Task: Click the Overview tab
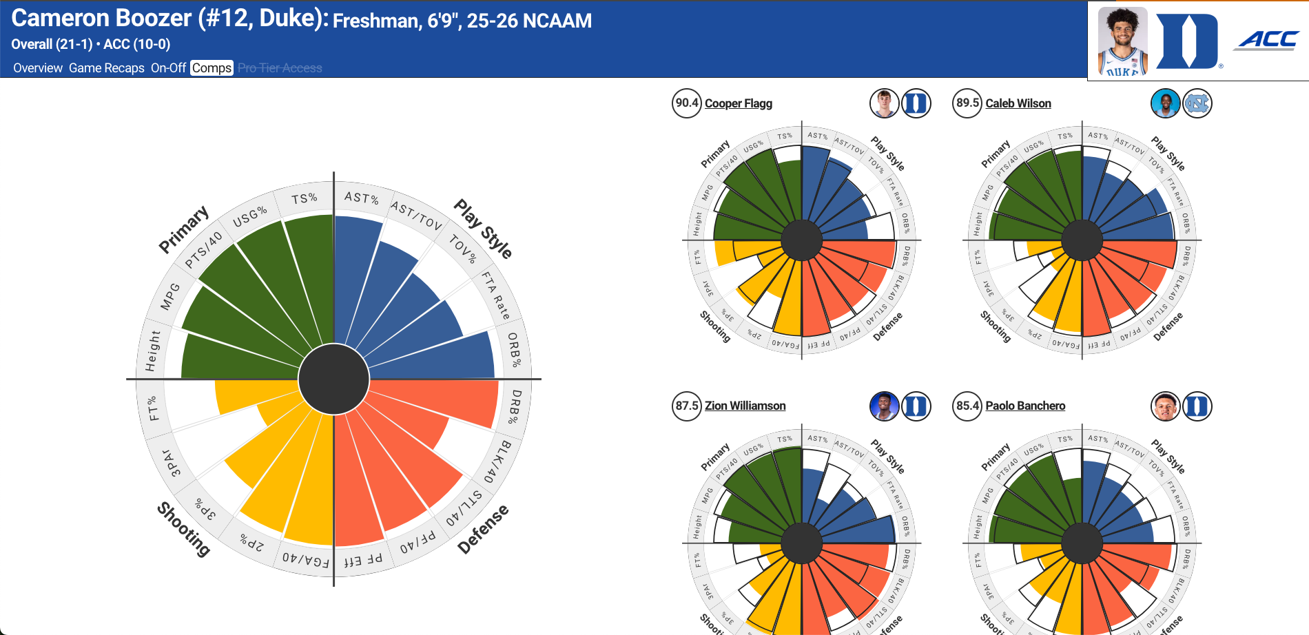coord(38,68)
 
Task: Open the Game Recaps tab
coord(107,68)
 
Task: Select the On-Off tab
coord(168,68)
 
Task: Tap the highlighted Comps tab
coord(212,68)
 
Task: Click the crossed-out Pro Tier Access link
coord(280,68)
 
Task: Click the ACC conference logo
coord(1268,41)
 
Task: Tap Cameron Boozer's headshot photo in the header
coord(1122,41)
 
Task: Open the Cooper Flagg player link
coord(738,103)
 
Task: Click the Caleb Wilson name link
coord(1018,103)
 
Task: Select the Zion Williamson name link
coord(745,406)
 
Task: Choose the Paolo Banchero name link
coord(1025,406)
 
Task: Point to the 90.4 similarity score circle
coord(686,103)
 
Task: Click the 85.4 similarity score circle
coord(967,406)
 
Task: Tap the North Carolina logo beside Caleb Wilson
coord(1197,103)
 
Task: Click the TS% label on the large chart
coord(304,199)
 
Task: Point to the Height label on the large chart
coord(152,351)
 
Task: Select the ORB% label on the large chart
coord(514,350)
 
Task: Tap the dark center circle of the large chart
coord(334,379)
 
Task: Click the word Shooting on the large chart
coord(184,529)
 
